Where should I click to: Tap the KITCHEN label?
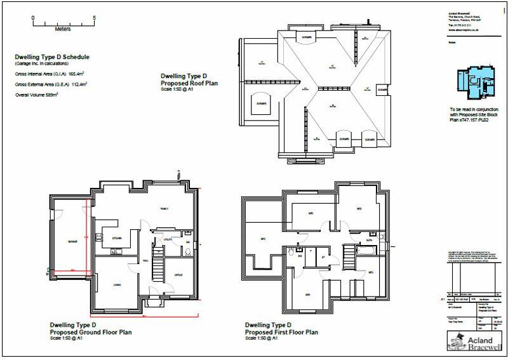coord(117,238)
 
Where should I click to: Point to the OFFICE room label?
coord(178,274)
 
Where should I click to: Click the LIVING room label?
coord(118,285)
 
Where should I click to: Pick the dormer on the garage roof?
coord(261,102)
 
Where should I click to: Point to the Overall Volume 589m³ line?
coord(37,95)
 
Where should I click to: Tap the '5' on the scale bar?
coord(94,18)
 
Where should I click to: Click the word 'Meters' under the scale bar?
coord(63,29)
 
